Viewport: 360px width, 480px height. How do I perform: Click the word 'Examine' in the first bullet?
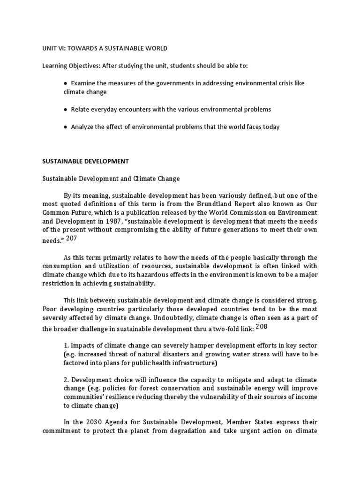82,83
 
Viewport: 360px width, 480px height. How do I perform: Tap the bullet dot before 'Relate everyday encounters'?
66,109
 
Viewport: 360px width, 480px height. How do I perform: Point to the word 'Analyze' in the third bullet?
82,127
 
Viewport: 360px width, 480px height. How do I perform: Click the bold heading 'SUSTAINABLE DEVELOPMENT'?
85,161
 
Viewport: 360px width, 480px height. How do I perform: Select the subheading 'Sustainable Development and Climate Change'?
111,179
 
